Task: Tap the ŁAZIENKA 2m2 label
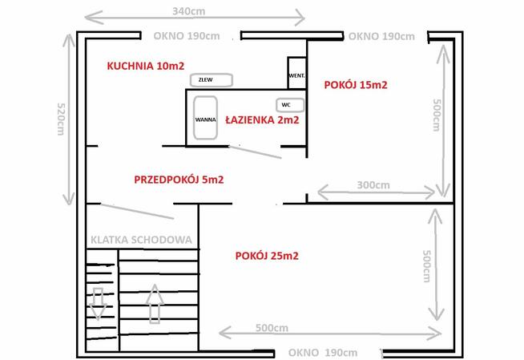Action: click(x=262, y=120)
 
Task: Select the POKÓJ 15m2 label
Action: click(x=356, y=84)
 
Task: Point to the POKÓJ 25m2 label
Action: click(x=268, y=256)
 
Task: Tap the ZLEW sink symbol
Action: click(x=212, y=80)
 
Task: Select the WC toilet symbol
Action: click(x=285, y=105)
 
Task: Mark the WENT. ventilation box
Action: click(x=296, y=75)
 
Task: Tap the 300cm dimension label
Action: click(x=373, y=185)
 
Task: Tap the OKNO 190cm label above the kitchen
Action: click(x=187, y=36)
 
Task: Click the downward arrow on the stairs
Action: click(x=98, y=303)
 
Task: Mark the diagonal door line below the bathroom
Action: click(x=256, y=152)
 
